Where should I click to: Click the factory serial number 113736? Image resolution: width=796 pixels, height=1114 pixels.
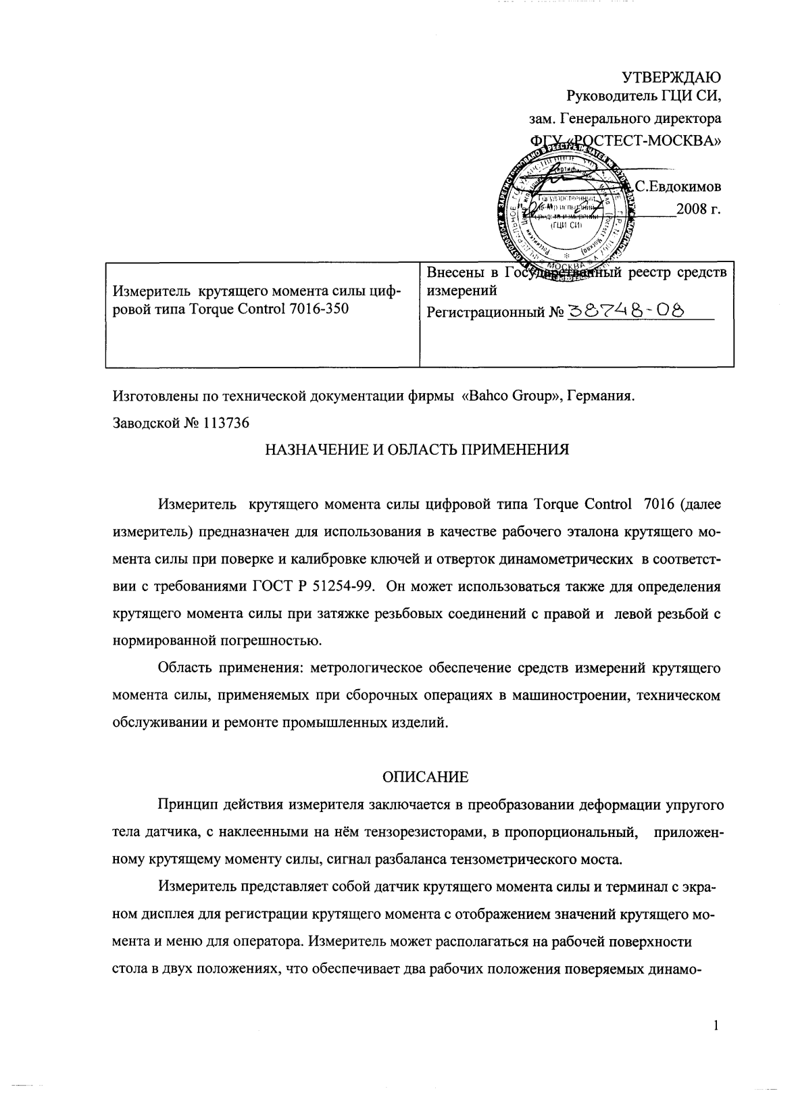pyautogui.click(x=225, y=424)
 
